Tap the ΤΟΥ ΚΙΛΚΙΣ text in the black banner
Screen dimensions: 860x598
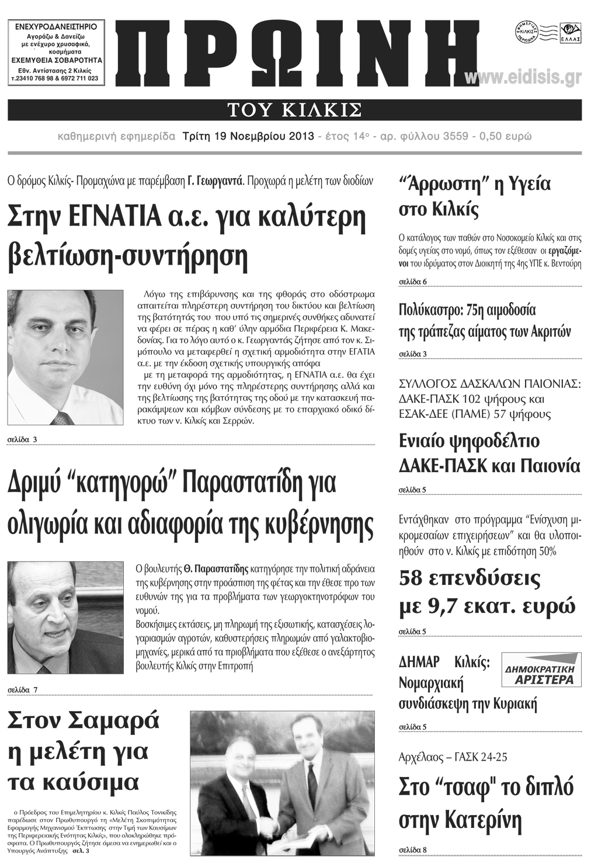click(x=294, y=109)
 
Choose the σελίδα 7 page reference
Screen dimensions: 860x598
click(x=23, y=689)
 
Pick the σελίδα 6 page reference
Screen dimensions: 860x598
click(x=413, y=282)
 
